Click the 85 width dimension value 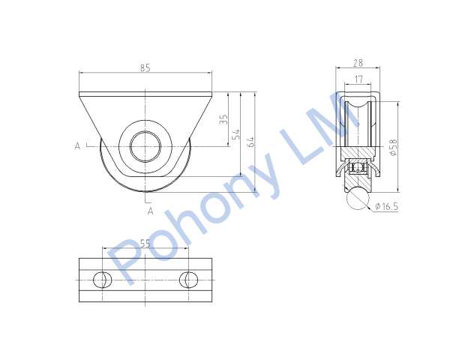point(145,68)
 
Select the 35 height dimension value point(223,119)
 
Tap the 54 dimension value point(236,134)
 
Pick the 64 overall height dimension point(250,142)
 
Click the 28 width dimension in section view point(358,63)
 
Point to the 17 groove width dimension point(358,79)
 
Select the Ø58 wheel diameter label point(394,147)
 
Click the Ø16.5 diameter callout point(386,206)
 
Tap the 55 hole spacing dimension point(145,244)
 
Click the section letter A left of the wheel point(77,146)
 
